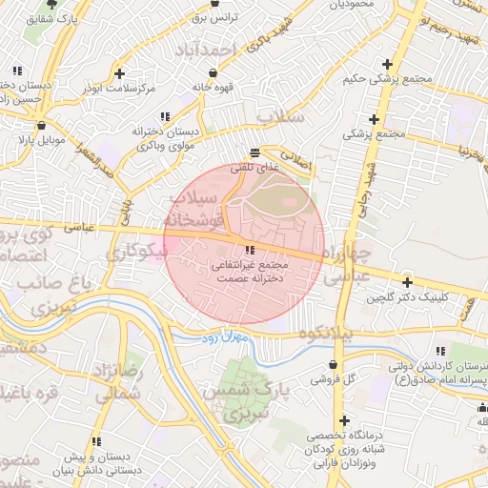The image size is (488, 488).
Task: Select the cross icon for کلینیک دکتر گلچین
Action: pos(408,282)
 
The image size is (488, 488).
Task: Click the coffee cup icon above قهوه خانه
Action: pos(212,71)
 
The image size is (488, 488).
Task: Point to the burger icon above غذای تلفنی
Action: pos(254,152)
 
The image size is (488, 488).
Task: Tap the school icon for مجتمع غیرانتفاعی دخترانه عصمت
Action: pos(250,250)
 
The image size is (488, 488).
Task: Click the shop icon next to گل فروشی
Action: pos(332,364)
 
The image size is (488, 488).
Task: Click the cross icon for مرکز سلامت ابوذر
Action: pos(118,73)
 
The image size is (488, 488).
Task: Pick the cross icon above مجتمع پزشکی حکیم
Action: pos(385,63)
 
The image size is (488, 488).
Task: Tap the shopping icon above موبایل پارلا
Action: pos(40,125)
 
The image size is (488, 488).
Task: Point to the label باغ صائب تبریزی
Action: pos(44,295)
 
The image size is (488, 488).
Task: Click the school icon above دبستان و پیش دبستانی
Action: pos(96,441)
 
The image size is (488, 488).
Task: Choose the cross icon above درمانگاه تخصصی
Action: pos(344,420)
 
